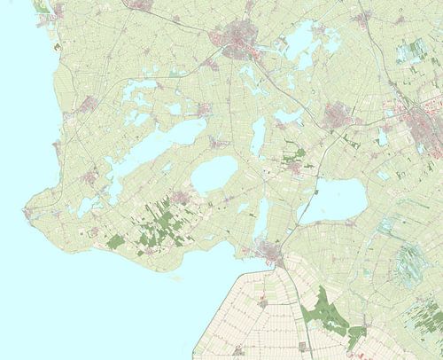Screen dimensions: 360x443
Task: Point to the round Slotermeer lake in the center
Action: point(214,176)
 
